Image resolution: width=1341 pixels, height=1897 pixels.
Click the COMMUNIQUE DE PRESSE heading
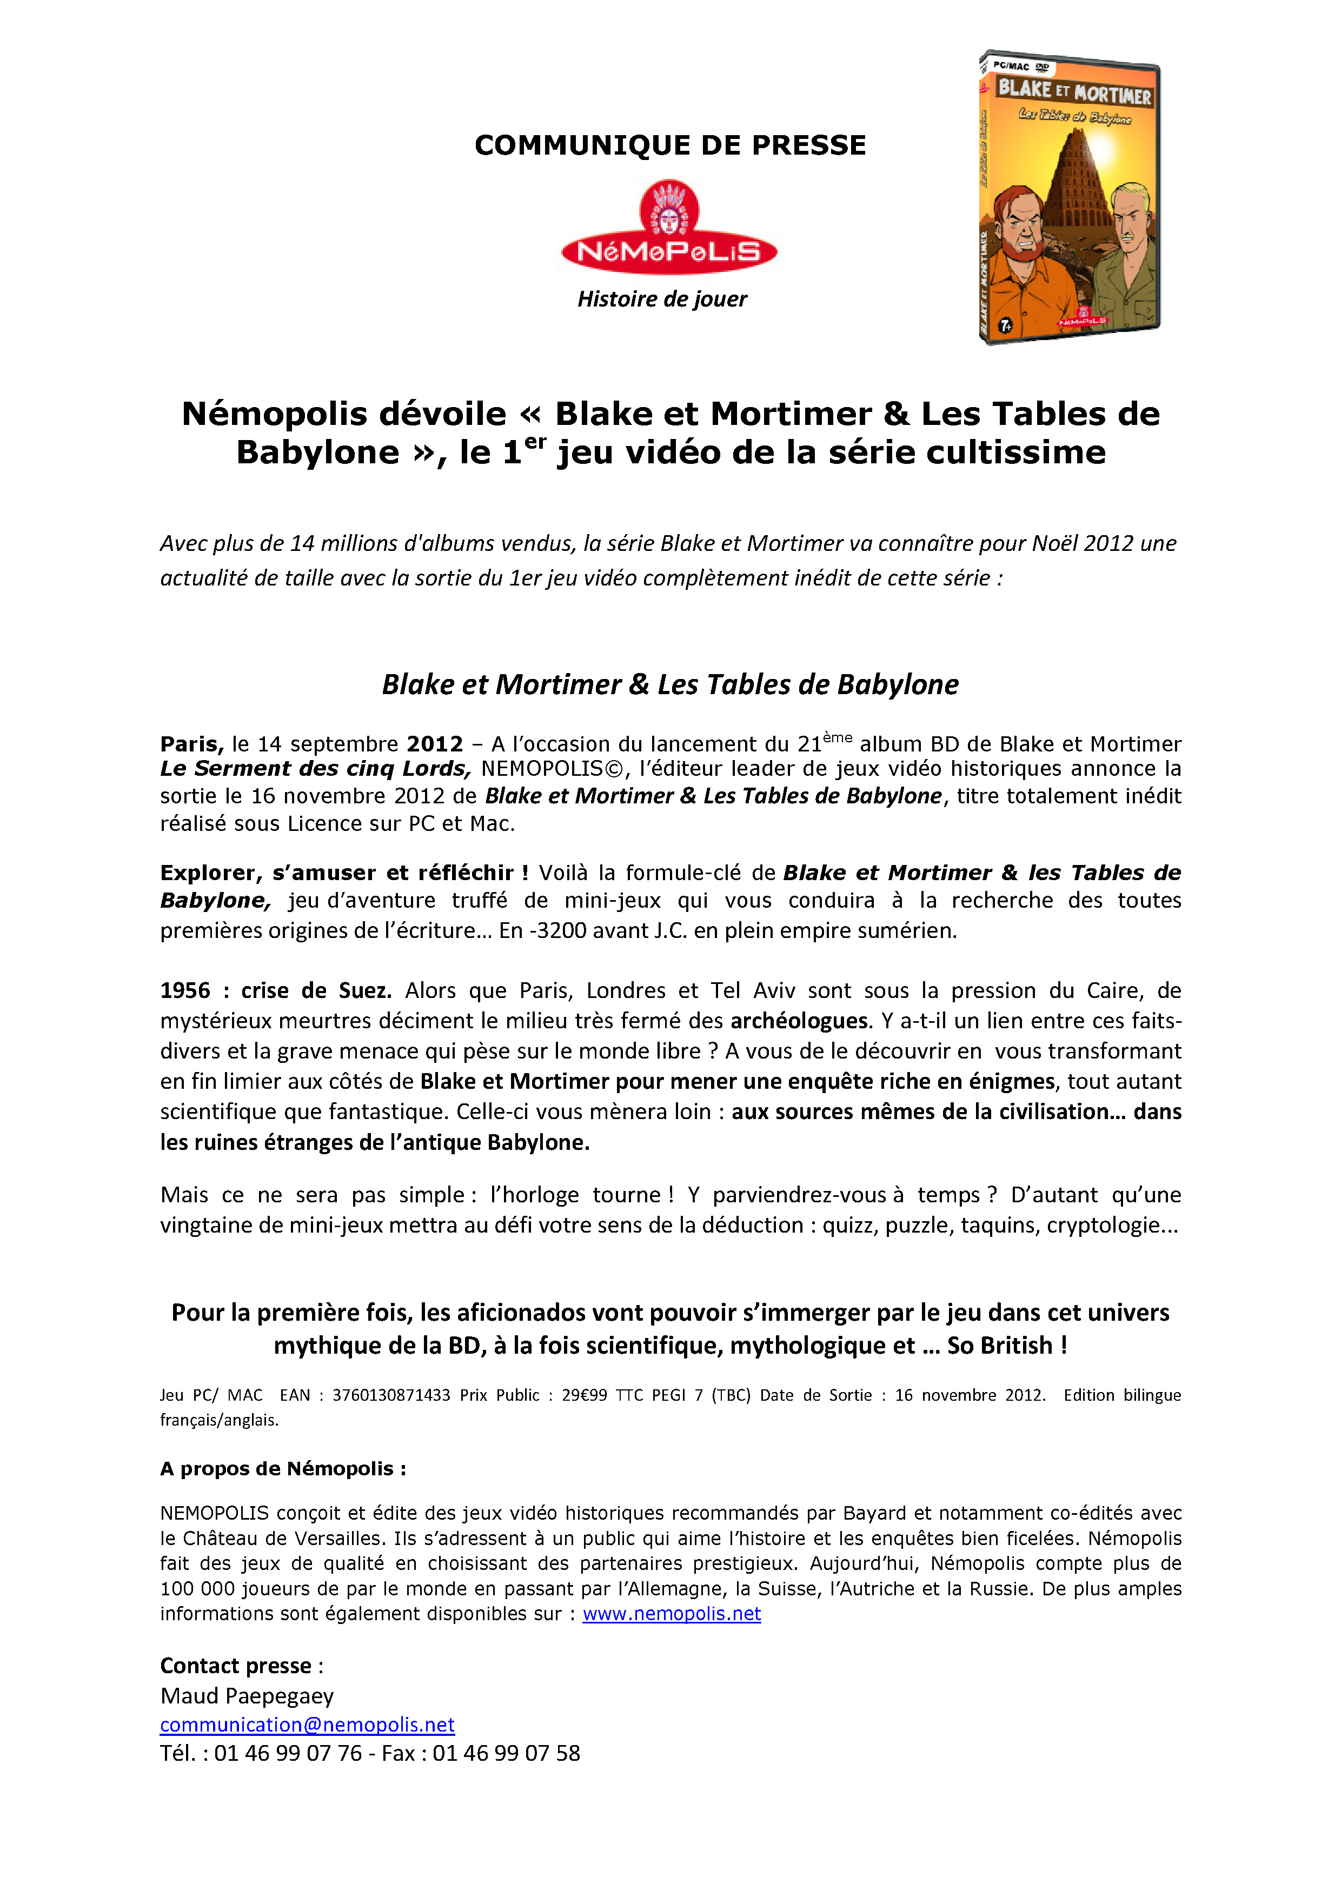coord(670,145)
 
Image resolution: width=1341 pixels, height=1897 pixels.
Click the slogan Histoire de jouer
coord(662,299)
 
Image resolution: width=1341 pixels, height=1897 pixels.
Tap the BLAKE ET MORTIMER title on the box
coord(1074,92)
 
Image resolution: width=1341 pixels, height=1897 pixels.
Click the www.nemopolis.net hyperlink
coord(671,1614)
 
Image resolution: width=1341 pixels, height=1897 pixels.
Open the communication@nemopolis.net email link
coord(307,1725)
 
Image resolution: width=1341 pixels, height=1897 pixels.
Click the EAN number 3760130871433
coord(391,1395)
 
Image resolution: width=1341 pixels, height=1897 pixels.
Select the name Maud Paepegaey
coord(247,1696)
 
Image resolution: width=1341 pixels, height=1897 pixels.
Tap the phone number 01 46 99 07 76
coord(288,1753)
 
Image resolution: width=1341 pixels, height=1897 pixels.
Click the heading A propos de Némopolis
coord(283,1469)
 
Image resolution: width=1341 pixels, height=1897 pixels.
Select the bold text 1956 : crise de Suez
coord(276,990)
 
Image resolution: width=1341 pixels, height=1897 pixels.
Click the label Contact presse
coord(235,1666)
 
